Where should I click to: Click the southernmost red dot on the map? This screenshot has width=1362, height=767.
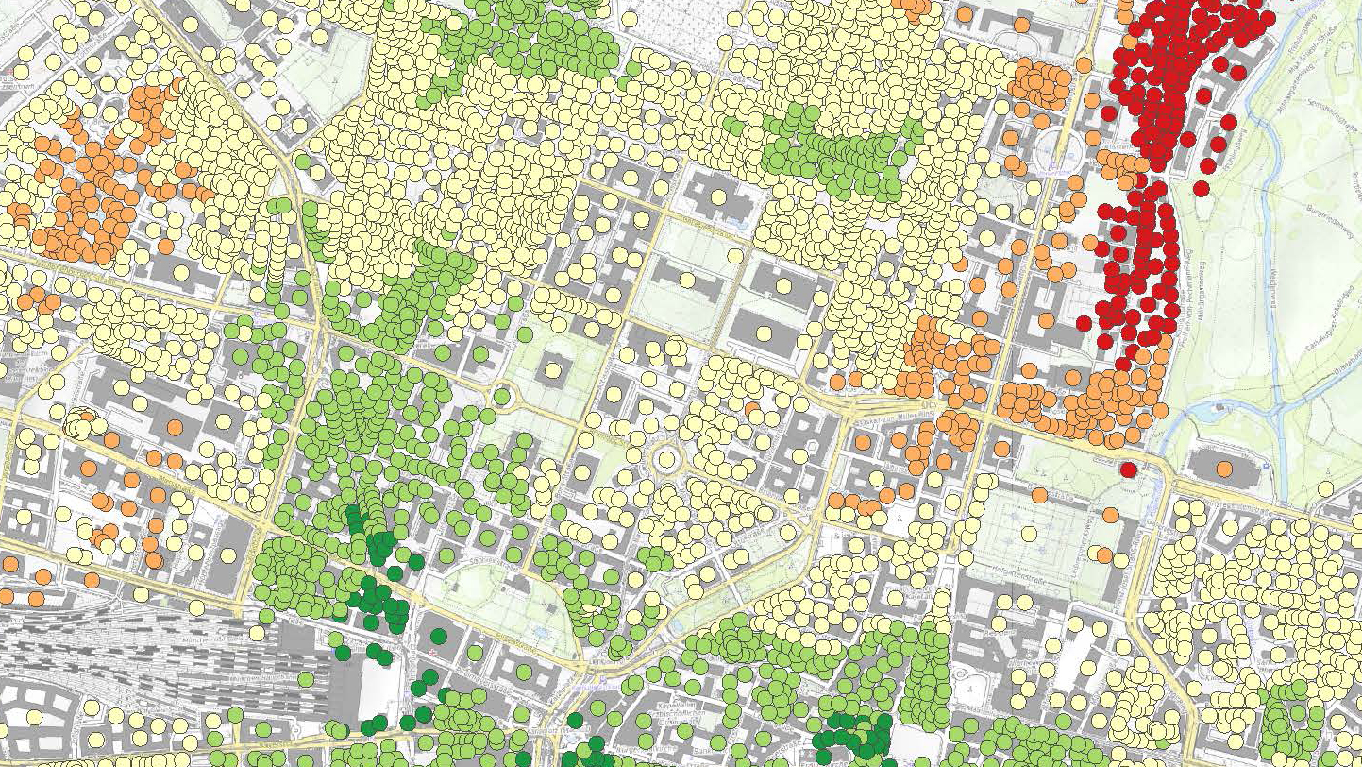[x=1128, y=469]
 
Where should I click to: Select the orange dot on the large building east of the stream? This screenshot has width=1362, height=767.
[x=1224, y=468]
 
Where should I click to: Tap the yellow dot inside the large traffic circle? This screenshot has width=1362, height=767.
[x=666, y=458]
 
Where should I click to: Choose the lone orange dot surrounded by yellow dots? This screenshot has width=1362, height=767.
[x=752, y=408]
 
